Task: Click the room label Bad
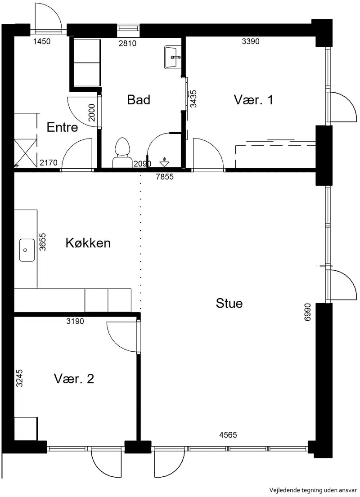(x=139, y=100)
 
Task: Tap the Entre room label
(x=62, y=127)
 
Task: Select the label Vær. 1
(x=253, y=100)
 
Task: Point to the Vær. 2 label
(x=74, y=379)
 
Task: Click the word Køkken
(x=88, y=243)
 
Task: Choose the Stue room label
(x=229, y=303)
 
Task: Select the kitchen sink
(x=27, y=250)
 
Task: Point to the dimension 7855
(x=165, y=177)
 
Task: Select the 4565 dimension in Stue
(x=228, y=435)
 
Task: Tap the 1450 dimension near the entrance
(x=42, y=41)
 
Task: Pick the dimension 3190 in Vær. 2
(x=75, y=322)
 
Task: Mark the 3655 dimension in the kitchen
(x=42, y=242)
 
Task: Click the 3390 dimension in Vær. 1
(x=251, y=41)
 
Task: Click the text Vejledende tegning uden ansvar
(x=314, y=490)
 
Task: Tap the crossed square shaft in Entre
(x=26, y=153)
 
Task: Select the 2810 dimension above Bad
(x=127, y=44)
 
